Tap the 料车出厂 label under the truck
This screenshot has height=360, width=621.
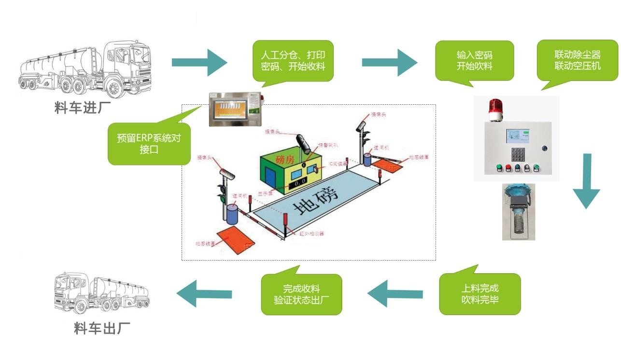pyautogui.click(x=102, y=329)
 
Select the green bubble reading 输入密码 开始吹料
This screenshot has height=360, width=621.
pyautogui.click(x=475, y=61)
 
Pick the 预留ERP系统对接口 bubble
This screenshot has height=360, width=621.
pyautogui.click(x=149, y=144)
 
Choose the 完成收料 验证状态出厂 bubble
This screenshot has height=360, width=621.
pyautogui.click(x=301, y=294)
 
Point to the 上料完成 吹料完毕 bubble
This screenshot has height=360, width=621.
pyautogui.click(x=480, y=294)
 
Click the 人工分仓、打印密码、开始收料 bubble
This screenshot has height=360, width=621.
pyautogui.click(x=293, y=61)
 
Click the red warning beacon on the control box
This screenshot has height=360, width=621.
pyautogui.click(x=495, y=110)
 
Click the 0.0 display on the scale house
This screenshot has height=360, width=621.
pyautogui.click(x=300, y=180)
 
